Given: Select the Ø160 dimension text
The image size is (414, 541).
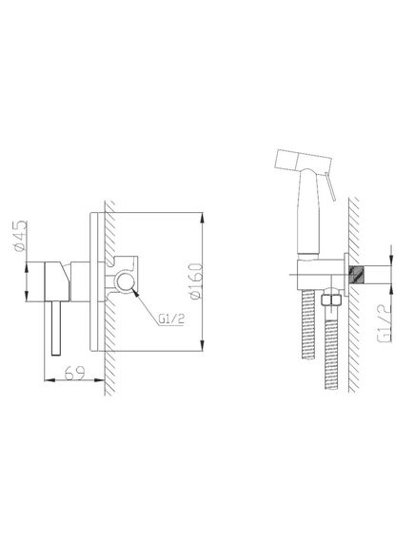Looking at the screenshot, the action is (x=195, y=281).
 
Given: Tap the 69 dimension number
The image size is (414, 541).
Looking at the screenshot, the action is (x=74, y=373).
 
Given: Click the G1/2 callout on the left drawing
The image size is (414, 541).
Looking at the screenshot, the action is (x=171, y=319).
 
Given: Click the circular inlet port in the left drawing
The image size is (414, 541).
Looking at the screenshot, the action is (x=126, y=281).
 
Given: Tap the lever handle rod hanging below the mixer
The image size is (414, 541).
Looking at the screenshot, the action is (x=56, y=328).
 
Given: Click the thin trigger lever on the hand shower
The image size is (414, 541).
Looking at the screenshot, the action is (x=330, y=186).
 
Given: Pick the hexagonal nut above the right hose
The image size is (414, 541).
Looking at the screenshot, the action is (x=331, y=299).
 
